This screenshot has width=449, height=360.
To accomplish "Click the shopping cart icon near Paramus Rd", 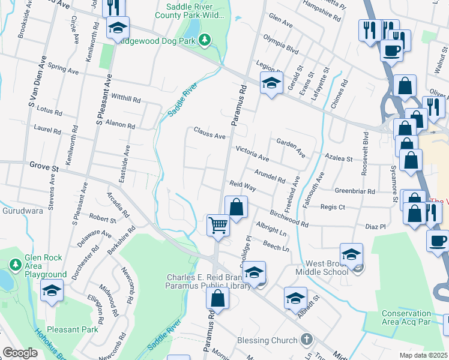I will [218, 226].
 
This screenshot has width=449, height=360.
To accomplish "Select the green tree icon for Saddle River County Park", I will [205, 40].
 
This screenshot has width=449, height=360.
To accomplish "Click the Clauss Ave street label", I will [209, 133].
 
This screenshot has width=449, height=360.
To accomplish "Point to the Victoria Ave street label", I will [252, 153].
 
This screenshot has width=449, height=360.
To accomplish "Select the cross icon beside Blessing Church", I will [307, 340].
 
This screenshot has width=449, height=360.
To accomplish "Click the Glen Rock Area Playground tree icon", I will [15, 265].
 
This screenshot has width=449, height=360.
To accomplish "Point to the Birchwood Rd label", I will [289, 218].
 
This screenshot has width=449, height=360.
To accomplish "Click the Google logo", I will [20, 353].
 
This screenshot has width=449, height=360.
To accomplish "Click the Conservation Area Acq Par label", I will [414, 317].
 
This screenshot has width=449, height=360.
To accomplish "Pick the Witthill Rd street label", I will [125, 98].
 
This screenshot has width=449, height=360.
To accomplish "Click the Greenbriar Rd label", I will [355, 191].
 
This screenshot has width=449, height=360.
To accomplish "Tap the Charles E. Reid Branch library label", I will [204, 282].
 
